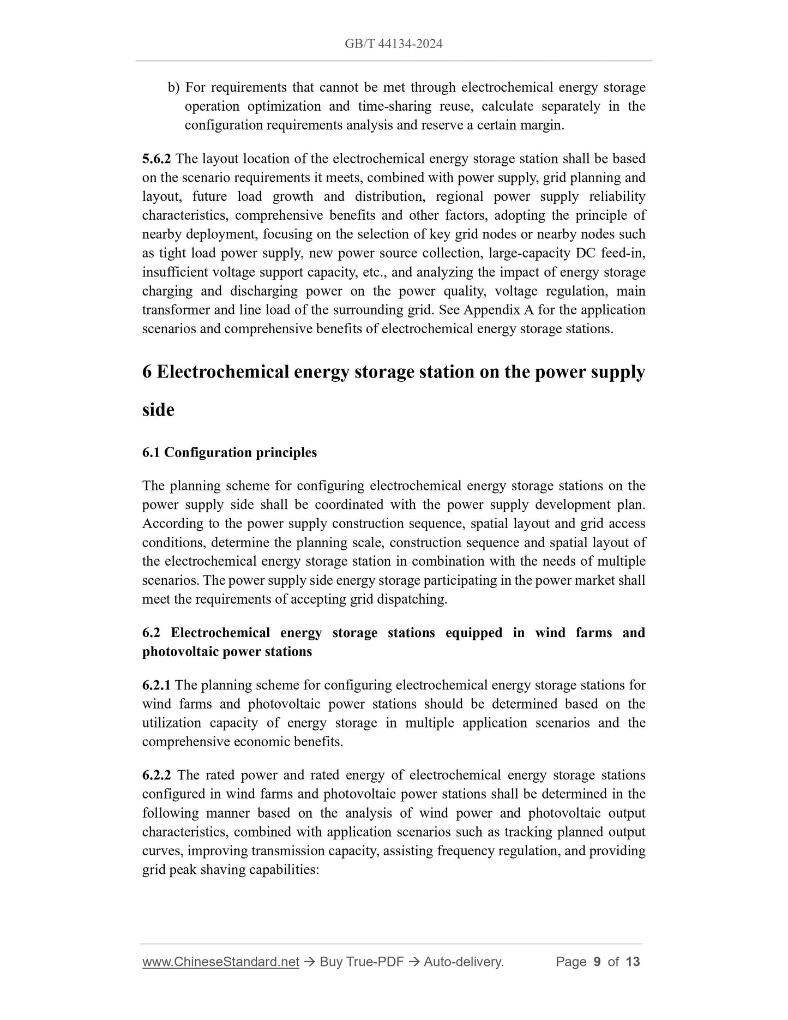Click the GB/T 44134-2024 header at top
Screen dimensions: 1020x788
pos(393,44)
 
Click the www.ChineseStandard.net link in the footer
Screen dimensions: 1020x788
pos(220,962)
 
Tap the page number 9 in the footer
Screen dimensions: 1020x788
pos(597,962)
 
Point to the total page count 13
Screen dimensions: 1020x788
pos(633,962)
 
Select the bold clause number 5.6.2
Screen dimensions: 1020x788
pos(157,159)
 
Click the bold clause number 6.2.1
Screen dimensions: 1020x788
pos(157,685)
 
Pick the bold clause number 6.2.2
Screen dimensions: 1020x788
pos(157,775)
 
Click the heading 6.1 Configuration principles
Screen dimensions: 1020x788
pos(229,453)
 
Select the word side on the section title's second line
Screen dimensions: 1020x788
pos(158,410)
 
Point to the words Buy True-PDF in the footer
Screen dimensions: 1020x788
pos(361,962)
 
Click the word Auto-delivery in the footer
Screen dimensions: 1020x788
pos(463,962)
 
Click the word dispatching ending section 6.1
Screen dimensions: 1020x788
pos(414,599)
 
